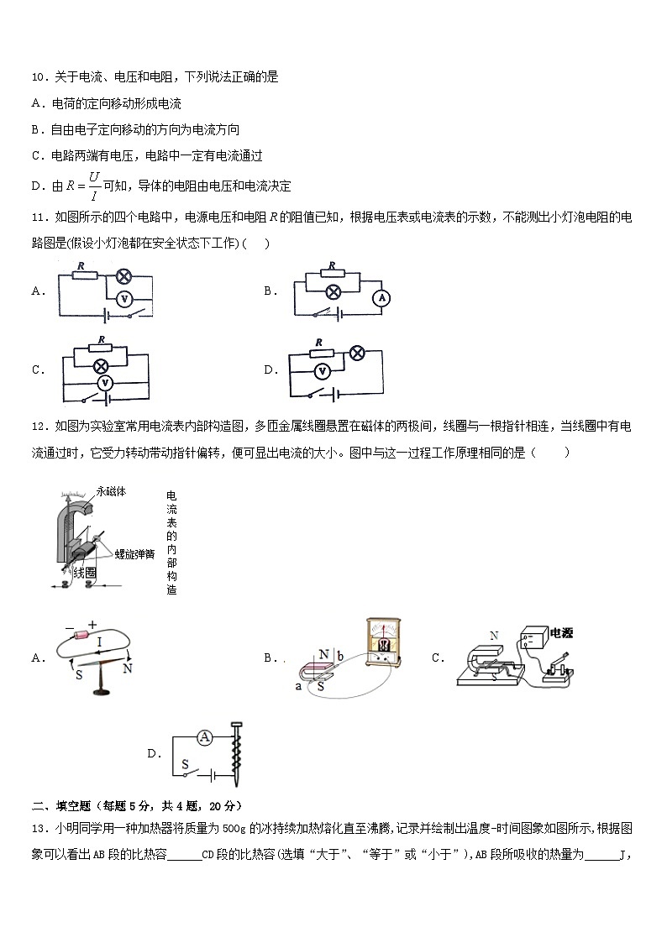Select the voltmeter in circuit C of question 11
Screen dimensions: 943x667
(105, 382)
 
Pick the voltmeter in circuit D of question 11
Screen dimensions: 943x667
(319, 370)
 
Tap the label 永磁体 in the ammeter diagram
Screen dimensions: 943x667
(111, 492)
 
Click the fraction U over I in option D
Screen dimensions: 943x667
(94, 186)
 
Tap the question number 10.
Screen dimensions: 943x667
(38, 77)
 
